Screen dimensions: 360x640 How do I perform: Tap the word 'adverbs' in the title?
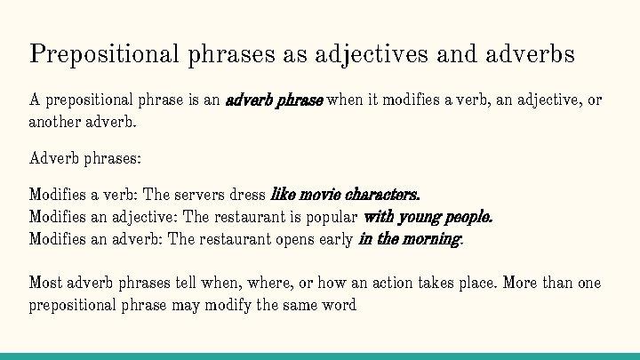pyautogui.click(x=532, y=54)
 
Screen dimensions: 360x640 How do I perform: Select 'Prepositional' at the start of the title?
pyautogui.click(x=105, y=54)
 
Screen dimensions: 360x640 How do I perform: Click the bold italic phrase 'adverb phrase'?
pyautogui.click(x=275, y=100)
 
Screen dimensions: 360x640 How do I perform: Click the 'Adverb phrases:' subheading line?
pyautogui.click(x=85, y=160)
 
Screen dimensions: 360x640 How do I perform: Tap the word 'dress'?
pyautogui.click(x=248, y=194)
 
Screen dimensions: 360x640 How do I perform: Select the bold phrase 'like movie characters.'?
pyautogui.click(x=345, y=194)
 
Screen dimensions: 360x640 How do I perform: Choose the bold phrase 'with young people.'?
pyautogui.click(x=428, y=216)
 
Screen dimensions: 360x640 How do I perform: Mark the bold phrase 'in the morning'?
pyautogui.click(x=410, y=239)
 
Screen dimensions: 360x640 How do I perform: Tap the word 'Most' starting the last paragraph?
pyautogui.click(x=46, y=284)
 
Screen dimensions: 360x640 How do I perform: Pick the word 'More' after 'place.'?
pyautogui.click(x=524, y=284)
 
